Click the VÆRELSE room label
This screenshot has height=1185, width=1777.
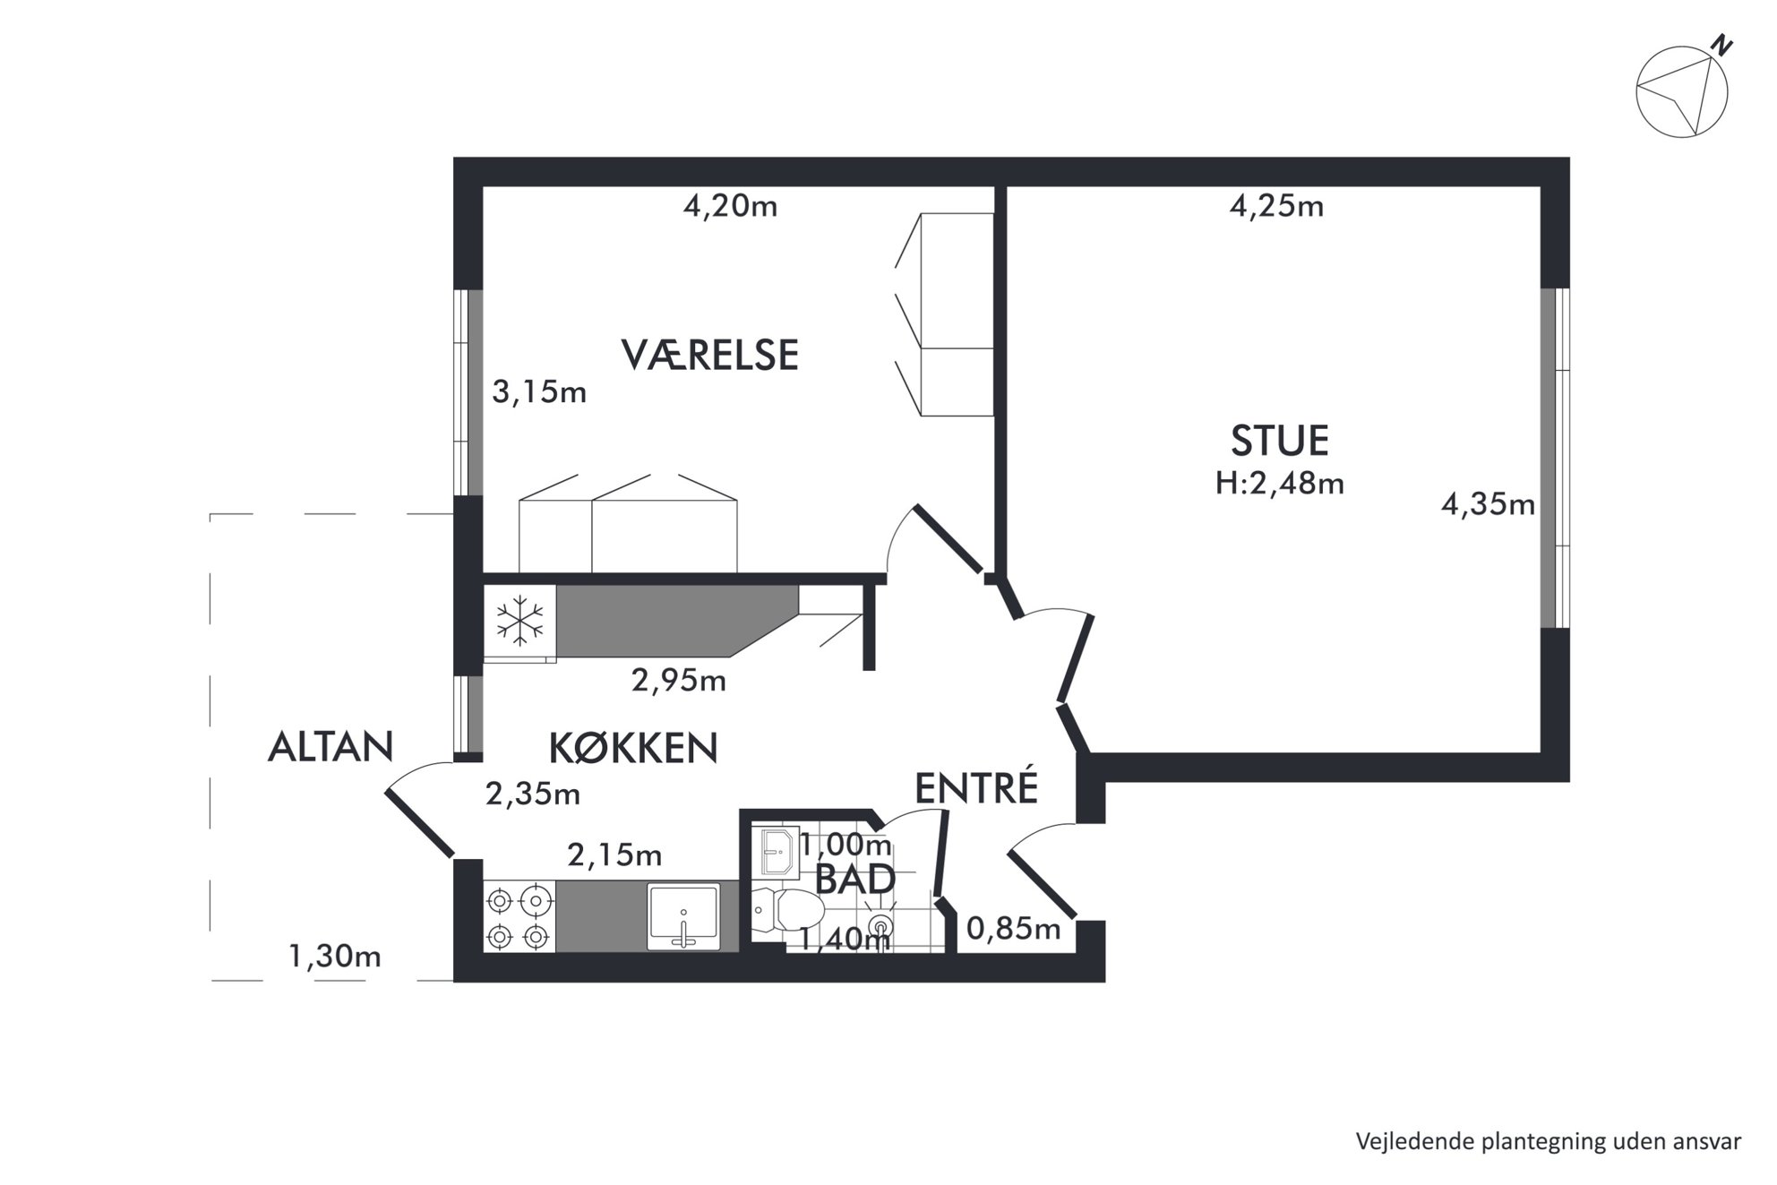click(709, 355)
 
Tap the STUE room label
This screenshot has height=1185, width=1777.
click(1279, 441)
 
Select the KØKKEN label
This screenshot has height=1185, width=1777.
click(633, 748)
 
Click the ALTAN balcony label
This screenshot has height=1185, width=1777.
click(331, 746)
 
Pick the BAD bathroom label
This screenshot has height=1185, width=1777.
click(855, 880)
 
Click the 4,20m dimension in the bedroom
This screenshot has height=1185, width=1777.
click(730, 207)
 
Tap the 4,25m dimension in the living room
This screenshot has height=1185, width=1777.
click(1276, 207)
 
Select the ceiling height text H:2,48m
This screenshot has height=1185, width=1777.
click(1279, 484)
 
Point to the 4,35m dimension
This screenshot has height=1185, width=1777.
click(1488, 505)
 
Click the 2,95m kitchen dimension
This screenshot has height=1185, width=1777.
click(678, 681)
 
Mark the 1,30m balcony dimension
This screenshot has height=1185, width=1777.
click(334, 957)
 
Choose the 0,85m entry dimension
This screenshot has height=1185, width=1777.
click(1013, 929)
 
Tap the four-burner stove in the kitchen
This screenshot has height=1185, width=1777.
click(519, 916)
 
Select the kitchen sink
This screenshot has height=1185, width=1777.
click(683, 916)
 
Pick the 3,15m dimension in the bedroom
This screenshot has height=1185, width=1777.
click(539, 391)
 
